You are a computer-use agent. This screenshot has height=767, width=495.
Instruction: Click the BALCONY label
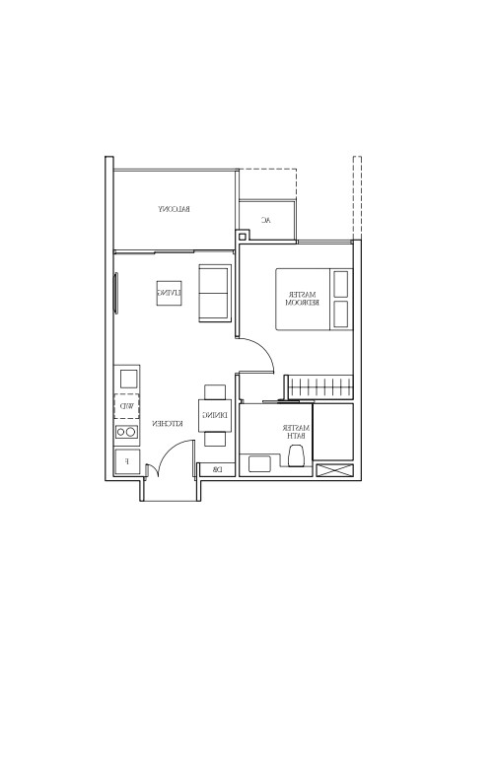point(174,209)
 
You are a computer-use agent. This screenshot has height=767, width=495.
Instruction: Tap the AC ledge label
point(265,220)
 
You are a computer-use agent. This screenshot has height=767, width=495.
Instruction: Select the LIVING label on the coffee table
point(170,293)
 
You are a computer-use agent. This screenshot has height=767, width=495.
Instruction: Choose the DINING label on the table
point(215,415)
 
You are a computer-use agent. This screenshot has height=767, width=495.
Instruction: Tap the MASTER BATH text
point(295,432)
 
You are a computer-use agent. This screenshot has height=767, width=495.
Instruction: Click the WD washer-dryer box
point(127,406)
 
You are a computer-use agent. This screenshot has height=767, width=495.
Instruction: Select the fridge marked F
point(126,460)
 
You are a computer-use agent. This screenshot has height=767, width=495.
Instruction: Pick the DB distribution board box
point(216,470)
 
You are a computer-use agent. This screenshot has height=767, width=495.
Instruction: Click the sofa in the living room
point(214,293)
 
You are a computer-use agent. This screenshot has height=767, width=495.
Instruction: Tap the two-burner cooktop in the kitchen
point(127,432)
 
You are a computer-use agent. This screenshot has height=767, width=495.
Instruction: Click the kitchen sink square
point(128,379)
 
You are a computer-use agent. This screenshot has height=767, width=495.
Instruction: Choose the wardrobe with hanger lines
point(318,385)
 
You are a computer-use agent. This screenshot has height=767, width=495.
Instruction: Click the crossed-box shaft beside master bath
point(333,471)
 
